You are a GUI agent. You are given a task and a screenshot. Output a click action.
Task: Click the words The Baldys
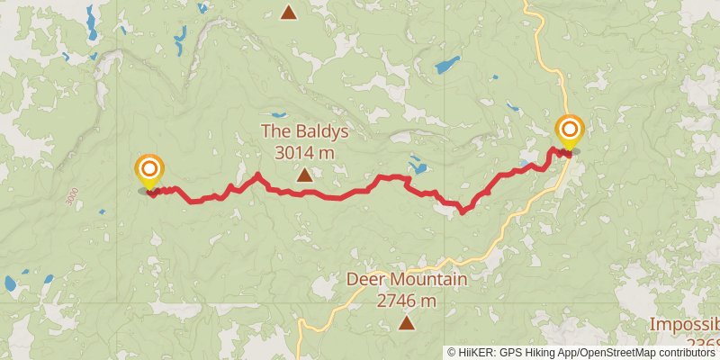[x=304, y=131]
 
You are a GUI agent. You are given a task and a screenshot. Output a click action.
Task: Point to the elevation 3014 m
[x=304, y=152]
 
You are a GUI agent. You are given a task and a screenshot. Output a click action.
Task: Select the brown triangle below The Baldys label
[x=305, y=175]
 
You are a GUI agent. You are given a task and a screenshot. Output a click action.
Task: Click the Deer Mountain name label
[x=407, y=280]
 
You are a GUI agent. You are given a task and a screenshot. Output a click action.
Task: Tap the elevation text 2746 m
[x=407, y=301]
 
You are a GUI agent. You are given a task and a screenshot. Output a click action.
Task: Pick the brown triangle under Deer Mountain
[x=407, y=322]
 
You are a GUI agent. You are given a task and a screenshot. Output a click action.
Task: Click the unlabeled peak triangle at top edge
[x=288, y=12]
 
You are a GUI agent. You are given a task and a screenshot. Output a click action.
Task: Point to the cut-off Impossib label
[x=686, y=325]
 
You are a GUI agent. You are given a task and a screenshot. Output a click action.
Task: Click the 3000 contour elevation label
[x=69, y=195]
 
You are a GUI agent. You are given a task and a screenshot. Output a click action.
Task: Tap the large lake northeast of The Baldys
[x=447, y=65]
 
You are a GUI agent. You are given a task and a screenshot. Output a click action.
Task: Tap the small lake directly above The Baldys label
[x=277, y=115]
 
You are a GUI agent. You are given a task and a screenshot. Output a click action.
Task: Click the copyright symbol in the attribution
[x=452, y=353]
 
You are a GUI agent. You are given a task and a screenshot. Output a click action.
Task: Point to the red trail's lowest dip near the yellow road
[x=463, y=211]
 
